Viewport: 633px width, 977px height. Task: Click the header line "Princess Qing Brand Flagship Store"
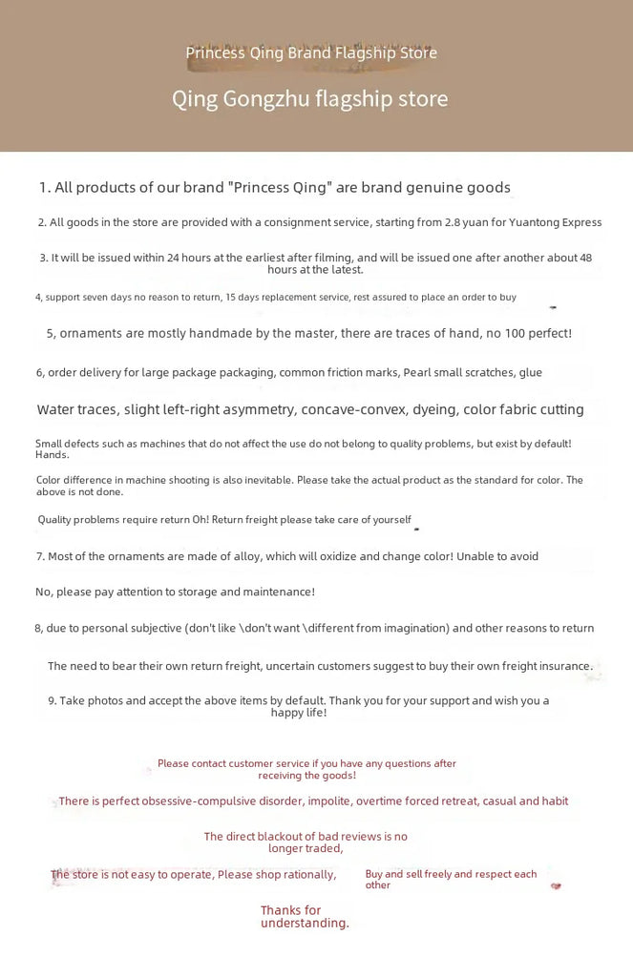click(x=311, y=52)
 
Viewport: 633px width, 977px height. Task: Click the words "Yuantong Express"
click(x=556, y=222)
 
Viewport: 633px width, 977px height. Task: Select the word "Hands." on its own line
click(x=52, y=455)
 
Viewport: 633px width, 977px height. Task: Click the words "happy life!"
click(x=299, y=712)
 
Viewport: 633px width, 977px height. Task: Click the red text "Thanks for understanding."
click(x=305, y=917)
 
